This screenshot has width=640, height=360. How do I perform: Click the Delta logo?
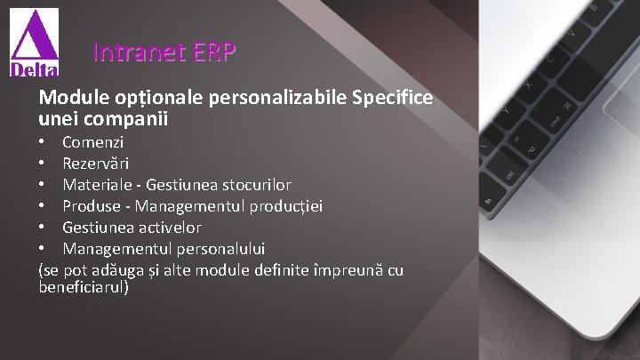[x=35, y=44]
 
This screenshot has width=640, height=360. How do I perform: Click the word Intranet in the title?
[x=134, y=53]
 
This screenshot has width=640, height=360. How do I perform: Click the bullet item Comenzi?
[x=93, y=141]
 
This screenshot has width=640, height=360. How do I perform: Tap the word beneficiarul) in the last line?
[x=84, y=288]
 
